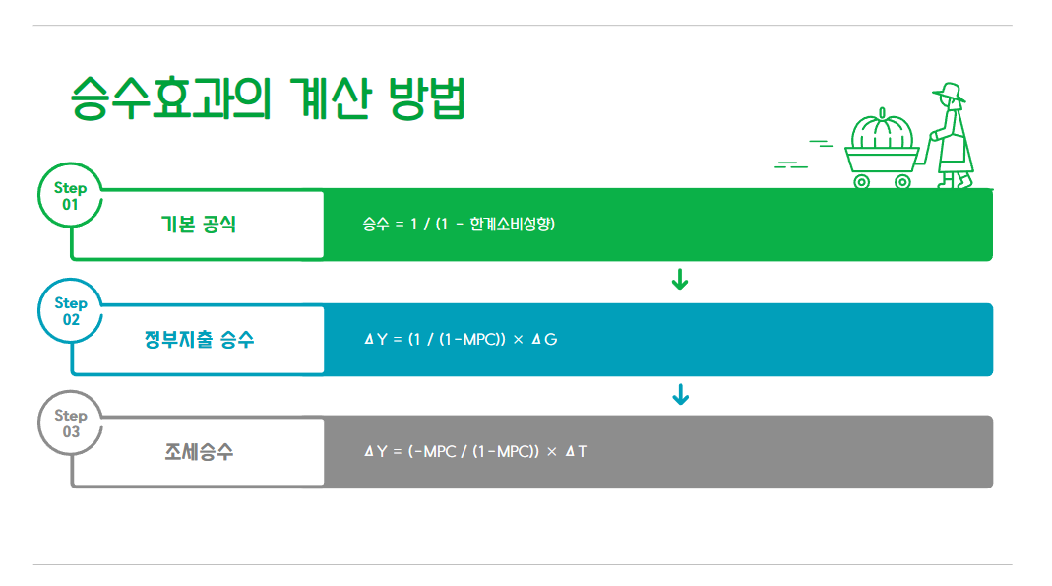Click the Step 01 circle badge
[x=70, y=196]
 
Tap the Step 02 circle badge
[x=70, y=311]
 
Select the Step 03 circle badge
[x=70, y=423]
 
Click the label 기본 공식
[x=199, y=225]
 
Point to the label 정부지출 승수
[x=199, y=340]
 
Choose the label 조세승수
[x=199, y=452]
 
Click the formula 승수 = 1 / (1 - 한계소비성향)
[x=460, y=225]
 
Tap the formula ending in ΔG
[x=461, y=340]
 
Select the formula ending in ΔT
[x=475, y=452]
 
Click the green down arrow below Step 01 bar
[x=679, y=281]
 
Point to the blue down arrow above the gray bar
[x=679, y=395]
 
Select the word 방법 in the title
[x=426, y=98]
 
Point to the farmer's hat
[x=948, y=92]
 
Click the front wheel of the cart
[x=862, y=181]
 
